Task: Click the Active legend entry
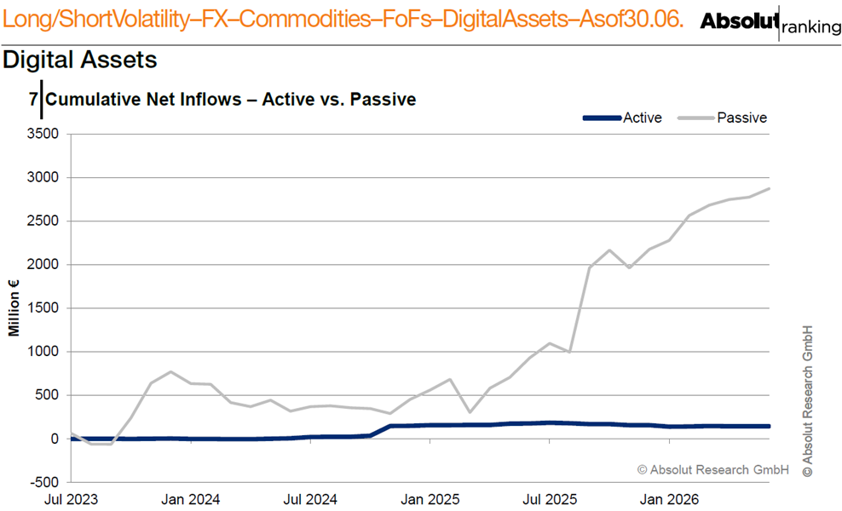pos(623,118)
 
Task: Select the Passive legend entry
pos(722,118)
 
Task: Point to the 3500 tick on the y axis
pos(43,134)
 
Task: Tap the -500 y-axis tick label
pos(44,482)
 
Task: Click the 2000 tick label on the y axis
pos(43,265)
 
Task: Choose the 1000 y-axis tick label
pos(43,352)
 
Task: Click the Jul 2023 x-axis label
pos(71,499)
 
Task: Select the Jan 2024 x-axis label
pos(191,499)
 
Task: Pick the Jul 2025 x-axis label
pos(550,499)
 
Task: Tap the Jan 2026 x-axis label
pos(670,499)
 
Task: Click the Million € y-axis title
pos(14,307)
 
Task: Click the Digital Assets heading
pos(80,60)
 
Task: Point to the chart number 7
pos(33,100)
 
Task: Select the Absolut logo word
pos(740,21)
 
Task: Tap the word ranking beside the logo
pos(811,27)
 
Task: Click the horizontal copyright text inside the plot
pos(713,469)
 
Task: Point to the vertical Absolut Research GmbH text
pos(808,401)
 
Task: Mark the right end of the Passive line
pos(769,188)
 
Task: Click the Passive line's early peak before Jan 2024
pos(170,371)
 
